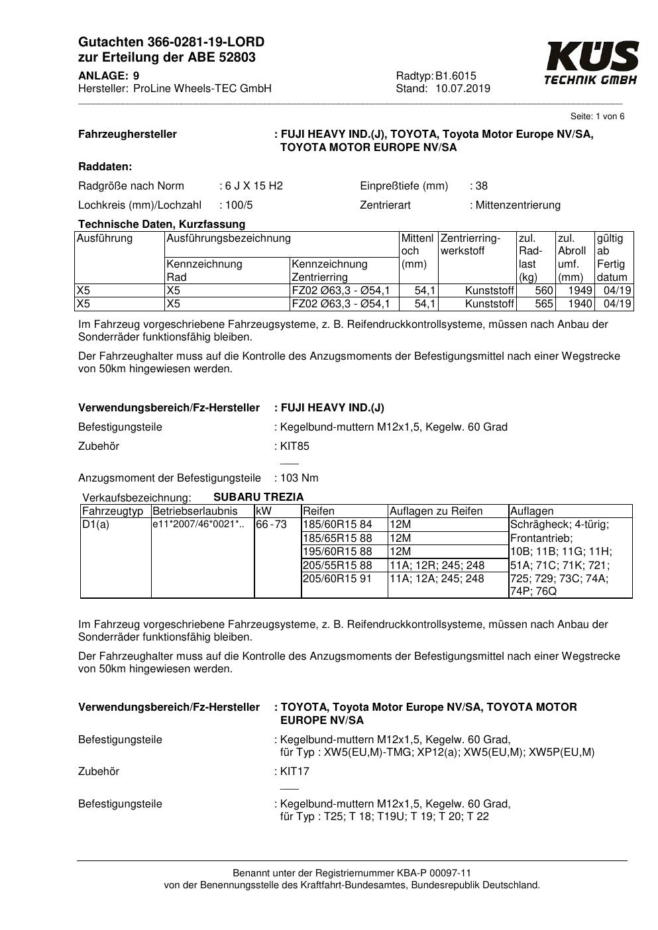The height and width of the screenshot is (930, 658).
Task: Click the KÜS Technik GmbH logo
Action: [x=591, y=63]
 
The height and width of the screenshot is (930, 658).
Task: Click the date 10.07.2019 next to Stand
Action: [x=463, y=89]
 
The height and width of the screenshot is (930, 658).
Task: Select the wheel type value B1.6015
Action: [x=456, y=76]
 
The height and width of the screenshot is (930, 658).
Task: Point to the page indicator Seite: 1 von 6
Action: [x=597, y=117]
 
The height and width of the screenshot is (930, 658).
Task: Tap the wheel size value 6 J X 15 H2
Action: [x=254, y=185]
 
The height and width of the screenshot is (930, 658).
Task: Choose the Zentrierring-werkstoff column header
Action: [x=470, y=244]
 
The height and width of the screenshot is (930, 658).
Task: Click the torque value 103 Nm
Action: [x=299, y=478]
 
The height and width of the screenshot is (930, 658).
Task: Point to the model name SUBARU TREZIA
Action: [x=258, y=497]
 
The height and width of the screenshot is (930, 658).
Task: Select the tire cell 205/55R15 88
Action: [x=338, y=565]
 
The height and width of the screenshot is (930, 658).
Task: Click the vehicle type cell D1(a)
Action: [x=95, y=525]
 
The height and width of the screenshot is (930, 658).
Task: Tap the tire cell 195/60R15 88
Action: [x=338, y=551]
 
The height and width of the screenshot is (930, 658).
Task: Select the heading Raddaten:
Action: [x=105, y=166]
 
